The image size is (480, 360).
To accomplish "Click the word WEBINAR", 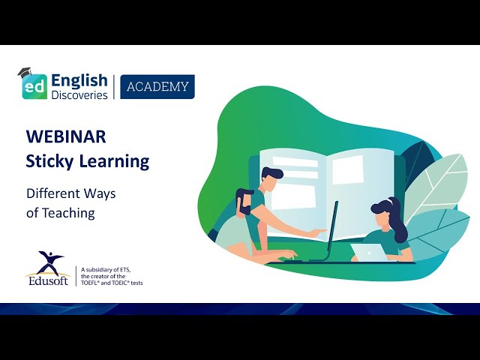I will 66,136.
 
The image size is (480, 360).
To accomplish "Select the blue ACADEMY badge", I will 157,87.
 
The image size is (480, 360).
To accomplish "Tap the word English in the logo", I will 79,79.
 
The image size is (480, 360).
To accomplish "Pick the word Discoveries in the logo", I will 79,94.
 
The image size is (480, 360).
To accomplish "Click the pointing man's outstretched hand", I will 319,232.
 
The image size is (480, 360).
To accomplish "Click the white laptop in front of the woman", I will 370,252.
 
